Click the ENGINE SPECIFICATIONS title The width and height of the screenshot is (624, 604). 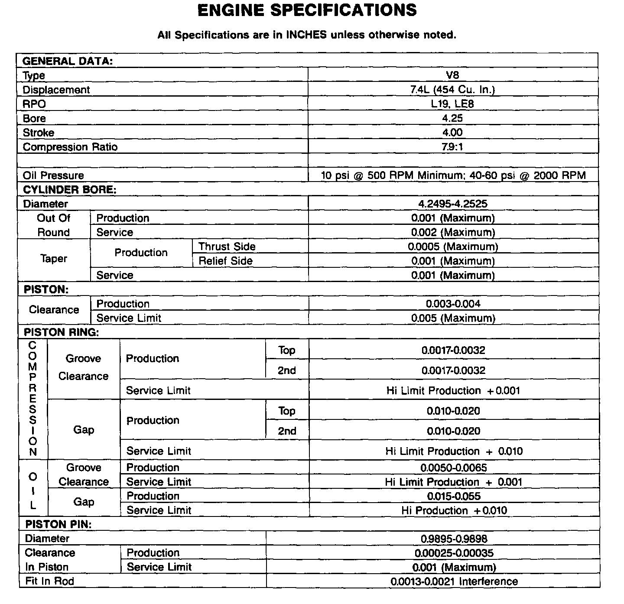click(307, 10)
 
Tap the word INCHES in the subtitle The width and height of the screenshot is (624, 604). click(306, 35)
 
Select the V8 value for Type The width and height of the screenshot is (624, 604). click(452, 75)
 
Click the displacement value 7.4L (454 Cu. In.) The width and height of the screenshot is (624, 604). click(452, 90)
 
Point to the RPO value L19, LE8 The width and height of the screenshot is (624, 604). click(452, 104)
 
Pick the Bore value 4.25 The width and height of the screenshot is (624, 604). click(452, 118)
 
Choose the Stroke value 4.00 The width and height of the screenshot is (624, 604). click(452, 133)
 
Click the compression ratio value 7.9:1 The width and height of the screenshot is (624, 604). click(452, 147)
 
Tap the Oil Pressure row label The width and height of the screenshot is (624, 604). click(53, 175)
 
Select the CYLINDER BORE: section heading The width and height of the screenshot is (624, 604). click(70, 190)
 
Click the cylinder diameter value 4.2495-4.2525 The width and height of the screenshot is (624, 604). click(452, 204)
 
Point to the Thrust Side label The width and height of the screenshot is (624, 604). click(227, 247)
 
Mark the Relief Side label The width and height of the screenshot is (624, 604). click(225, 261)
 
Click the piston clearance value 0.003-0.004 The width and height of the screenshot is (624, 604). click(453, 304)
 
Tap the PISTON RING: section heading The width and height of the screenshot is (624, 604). click(62, 332)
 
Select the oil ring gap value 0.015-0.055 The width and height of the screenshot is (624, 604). click(454, 496)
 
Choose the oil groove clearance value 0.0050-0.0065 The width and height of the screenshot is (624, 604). click(454, 468)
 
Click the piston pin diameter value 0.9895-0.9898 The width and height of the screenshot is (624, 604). click(454, 539)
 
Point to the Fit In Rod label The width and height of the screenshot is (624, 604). click(50, 581)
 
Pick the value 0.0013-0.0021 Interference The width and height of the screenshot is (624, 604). click(454, 581)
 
